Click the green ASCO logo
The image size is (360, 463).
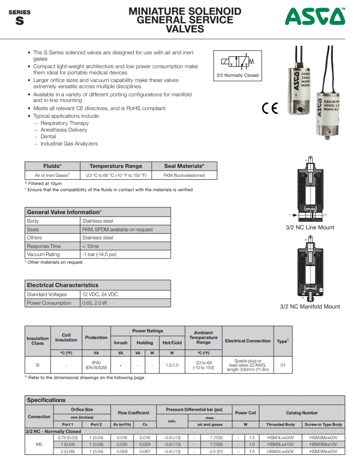point(315,18)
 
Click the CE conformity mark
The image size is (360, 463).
point(270,108)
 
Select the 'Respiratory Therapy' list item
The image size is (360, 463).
point(64,123)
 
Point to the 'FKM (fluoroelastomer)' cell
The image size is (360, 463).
point(184,175)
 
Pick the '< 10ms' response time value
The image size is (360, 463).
point(90,246)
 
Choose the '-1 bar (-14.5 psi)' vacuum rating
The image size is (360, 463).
point(99,254)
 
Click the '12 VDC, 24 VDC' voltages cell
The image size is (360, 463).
point(100,294)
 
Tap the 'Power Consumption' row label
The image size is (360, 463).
point(49,303)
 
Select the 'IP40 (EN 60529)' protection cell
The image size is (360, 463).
point(96,365)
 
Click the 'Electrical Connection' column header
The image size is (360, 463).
point(248,341)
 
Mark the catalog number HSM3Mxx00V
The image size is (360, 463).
point(323,437)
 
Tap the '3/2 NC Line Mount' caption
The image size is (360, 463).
point(310,227)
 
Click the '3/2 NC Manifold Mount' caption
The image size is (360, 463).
point(310,307)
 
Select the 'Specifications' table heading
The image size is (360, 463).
point(46,400)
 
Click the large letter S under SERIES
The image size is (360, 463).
point(19,21)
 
